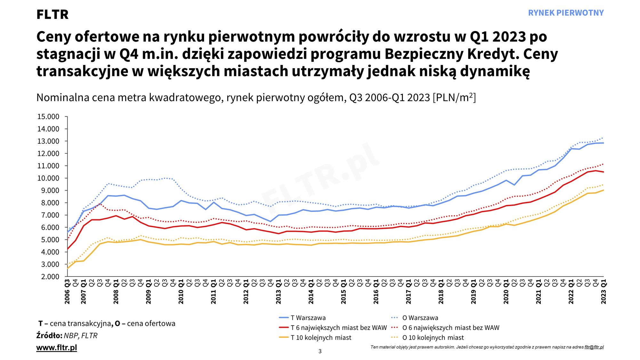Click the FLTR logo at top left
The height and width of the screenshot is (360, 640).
52,14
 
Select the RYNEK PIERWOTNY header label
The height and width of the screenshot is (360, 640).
565,13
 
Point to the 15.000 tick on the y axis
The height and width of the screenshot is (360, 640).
48,117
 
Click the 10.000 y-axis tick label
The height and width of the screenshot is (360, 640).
48,178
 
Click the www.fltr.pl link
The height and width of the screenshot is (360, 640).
57,348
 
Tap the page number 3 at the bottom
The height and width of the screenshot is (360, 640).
320,351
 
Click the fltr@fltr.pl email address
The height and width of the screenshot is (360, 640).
594,347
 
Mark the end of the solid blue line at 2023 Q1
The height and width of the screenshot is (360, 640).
603,143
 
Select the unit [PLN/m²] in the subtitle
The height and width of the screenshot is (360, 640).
454,97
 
